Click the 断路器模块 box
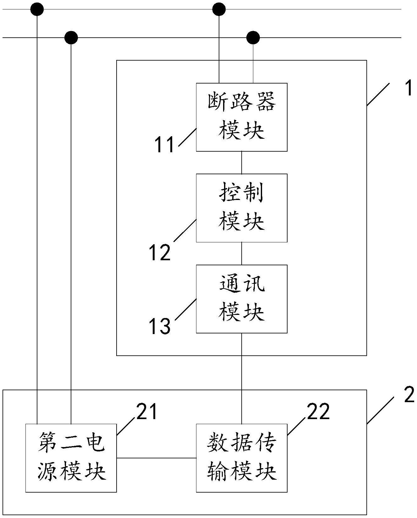[x=242, y=117]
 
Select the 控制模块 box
[x=242, y=208]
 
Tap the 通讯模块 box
[x=242, y=299]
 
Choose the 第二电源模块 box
[x=71, y=458]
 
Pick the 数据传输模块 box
[x=242, y=458]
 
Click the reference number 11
[x=164, y=145]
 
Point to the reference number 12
[x=160, y=253]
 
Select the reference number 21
[x=146, y=412]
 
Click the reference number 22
[x=318, y=412]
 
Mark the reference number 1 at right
[x=409, y=88]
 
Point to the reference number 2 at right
[x=409, y=395]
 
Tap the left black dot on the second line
[x=71, y=38]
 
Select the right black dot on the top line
[x=219, y=9]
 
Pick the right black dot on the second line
[x=253, y=38]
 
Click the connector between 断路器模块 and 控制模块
[x=242, y=163]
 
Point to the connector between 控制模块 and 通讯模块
[x=242, y=253]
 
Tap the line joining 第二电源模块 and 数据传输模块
[x=156, y=458]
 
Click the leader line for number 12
[x=185, y=230]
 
